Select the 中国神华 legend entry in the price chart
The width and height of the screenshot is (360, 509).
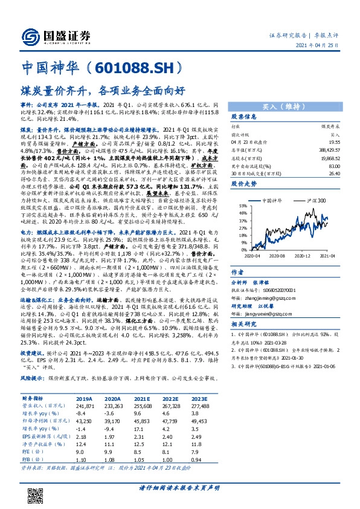pos(275,200)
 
